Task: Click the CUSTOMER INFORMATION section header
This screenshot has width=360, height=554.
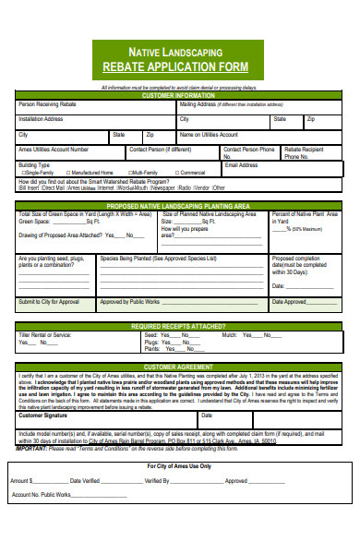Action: coord(179,95)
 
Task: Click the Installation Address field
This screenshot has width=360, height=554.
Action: coord(92,122)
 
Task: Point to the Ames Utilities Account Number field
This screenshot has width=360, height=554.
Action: coord(54,149)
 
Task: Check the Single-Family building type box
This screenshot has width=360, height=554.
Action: coord(23,173)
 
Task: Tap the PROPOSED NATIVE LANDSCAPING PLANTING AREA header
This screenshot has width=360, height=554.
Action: coord(179,206)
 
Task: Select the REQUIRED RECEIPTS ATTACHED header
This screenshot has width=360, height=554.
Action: coord(179,326)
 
